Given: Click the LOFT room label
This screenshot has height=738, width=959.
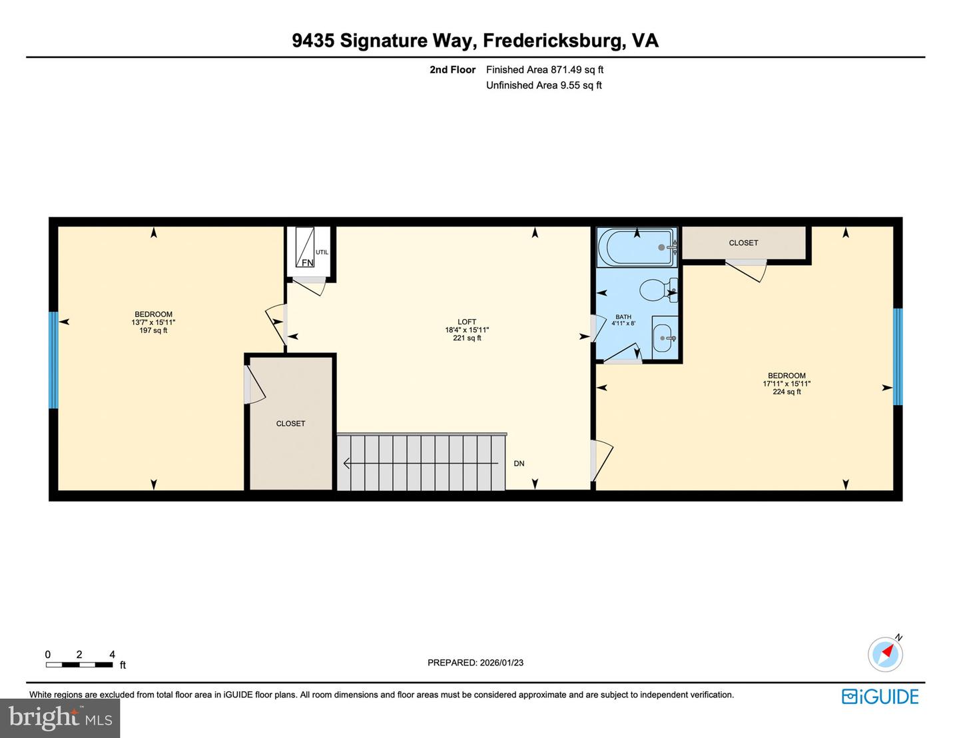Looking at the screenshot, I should click(467, 322).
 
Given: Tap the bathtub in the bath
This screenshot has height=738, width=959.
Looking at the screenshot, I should click(636, 247).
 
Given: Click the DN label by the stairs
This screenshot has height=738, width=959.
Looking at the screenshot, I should click(519, 464).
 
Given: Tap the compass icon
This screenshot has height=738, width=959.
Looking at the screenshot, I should click(885, 653).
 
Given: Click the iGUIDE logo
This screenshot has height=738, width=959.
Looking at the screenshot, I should click(880, 697).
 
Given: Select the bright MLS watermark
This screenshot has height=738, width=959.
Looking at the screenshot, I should click(60, 718).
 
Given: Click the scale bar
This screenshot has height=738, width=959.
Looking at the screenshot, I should click(79, 664).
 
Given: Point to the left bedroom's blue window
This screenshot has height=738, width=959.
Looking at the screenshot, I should click(53, 360).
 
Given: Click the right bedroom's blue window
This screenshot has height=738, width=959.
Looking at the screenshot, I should click(897, 356).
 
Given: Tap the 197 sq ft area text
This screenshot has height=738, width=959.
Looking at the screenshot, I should click(153, 330).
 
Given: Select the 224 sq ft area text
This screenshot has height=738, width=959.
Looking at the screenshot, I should click(787, 392).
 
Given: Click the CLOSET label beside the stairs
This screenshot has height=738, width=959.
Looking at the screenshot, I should click(290, 424).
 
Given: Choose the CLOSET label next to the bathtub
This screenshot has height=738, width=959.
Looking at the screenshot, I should click(743, 243).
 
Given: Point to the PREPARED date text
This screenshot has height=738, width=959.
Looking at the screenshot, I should click(476, 663).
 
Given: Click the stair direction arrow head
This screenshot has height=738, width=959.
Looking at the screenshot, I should click(347, 463).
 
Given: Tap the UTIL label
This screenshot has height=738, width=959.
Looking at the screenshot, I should click(322, 252).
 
